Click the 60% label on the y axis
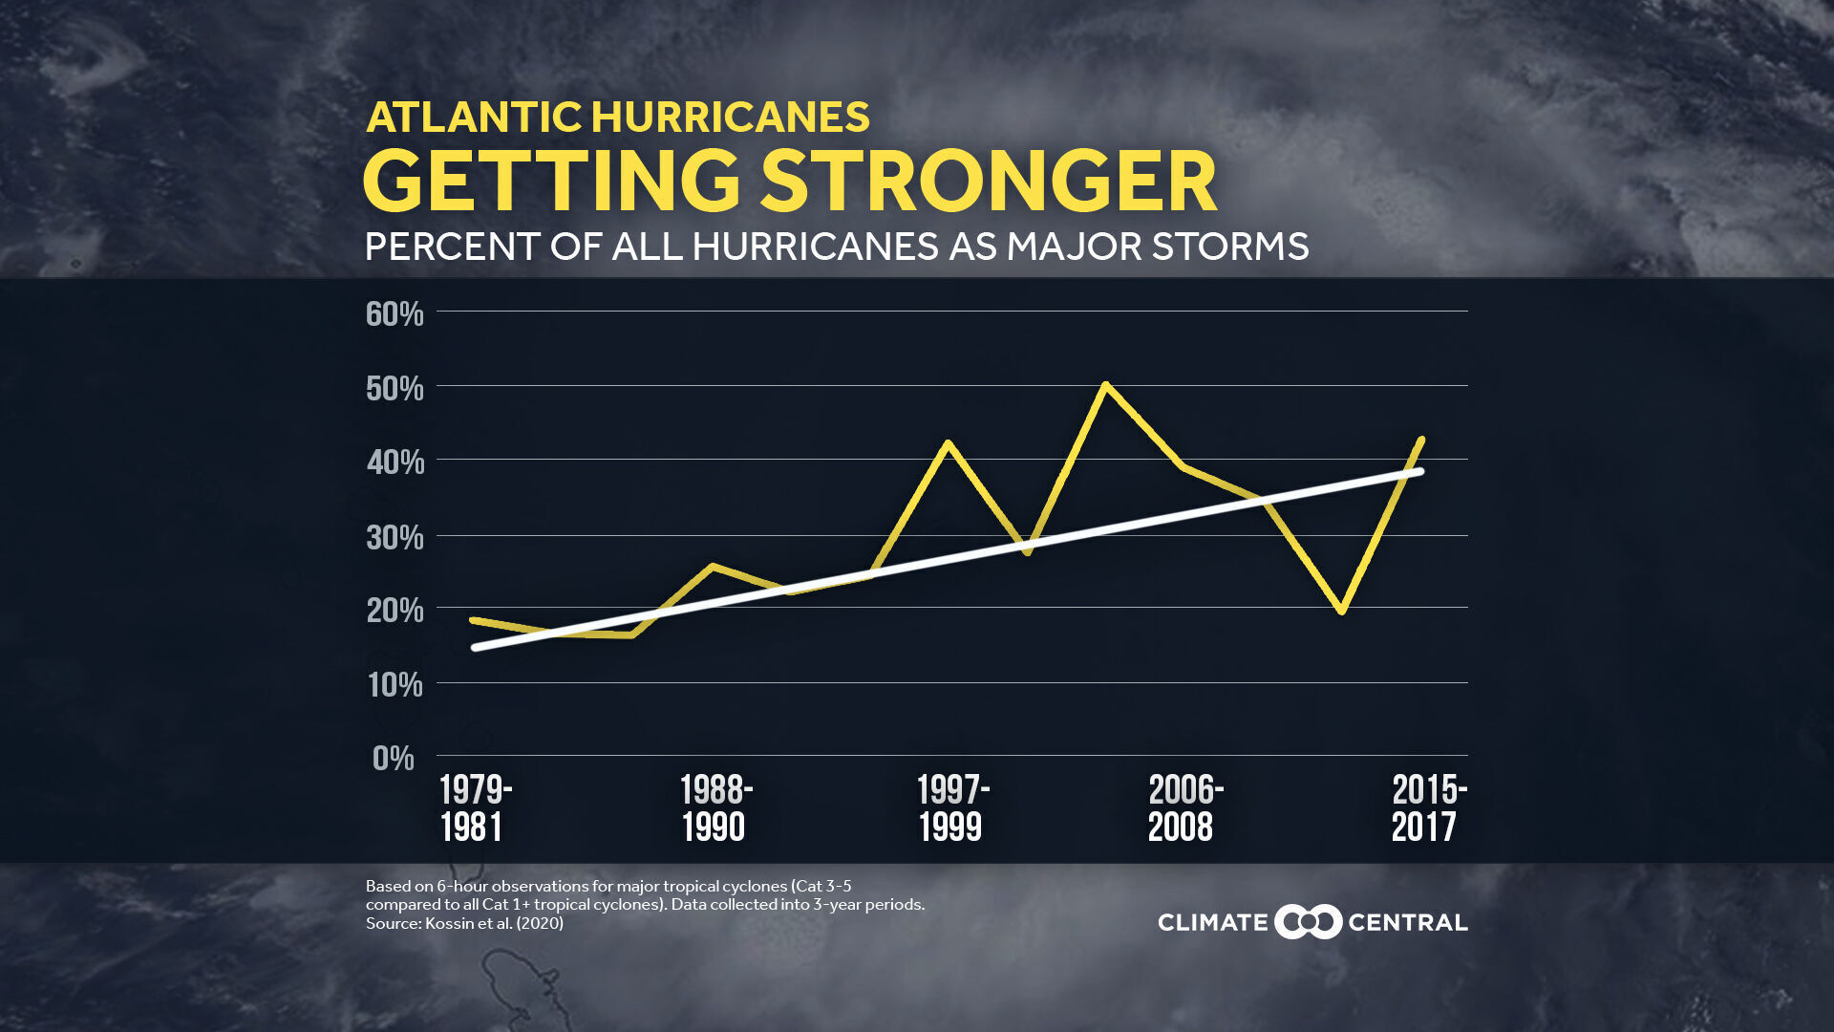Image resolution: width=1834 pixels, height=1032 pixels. (x=394, y=313)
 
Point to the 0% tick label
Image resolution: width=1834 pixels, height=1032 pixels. (x=393, y=758)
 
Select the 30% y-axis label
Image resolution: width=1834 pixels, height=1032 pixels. (x=395, y=537)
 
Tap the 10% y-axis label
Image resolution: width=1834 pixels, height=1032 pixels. (x=395, y=684)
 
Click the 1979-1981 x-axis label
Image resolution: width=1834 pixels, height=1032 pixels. (x=475, y=807)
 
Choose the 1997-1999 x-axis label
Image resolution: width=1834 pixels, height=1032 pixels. (x=952, y=807)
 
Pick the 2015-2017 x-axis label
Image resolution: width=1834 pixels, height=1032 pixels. (x=1428, y=807)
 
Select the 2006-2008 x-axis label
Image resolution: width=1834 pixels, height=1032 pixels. (x=1184, y=807)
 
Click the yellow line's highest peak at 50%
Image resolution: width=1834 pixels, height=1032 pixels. (x=1105, y=385)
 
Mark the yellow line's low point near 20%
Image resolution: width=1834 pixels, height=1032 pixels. (x=1342, y=610)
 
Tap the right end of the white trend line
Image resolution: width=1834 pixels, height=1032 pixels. (x=1420, y=471)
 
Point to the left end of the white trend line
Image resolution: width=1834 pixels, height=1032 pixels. (x=476, y=648)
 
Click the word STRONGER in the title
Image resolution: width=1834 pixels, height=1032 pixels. (x=989, y=181)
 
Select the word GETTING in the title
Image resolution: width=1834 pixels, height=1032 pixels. (x=551, y=181)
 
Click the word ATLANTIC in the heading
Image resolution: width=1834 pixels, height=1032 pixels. (x=474, y=118)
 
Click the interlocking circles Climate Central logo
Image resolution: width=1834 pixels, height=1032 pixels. (x=1308, y=922)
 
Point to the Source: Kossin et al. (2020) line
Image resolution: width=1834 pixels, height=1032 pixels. (x=464, y=923)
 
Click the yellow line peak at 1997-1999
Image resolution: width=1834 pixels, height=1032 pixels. (x=948, y=443)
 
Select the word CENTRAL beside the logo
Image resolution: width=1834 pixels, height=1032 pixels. (x=1407, y=922)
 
